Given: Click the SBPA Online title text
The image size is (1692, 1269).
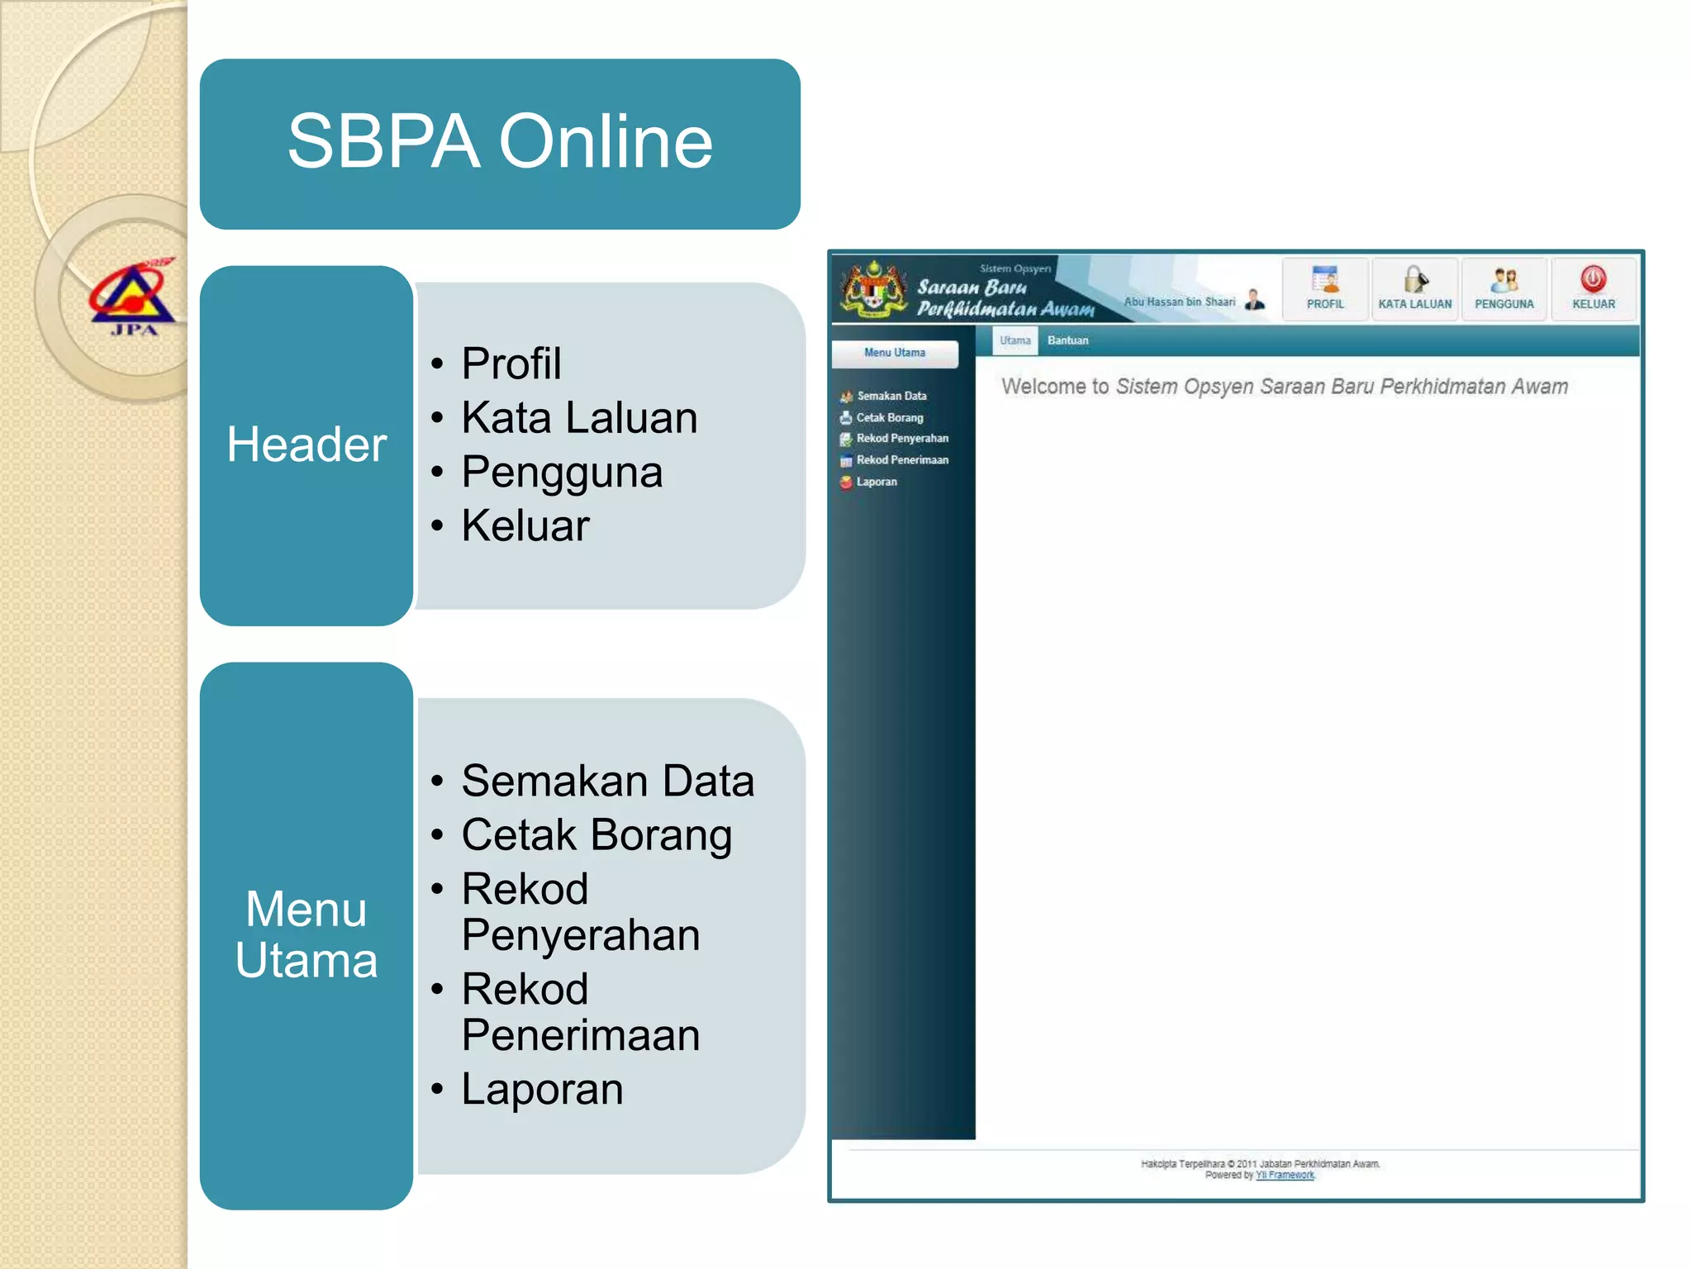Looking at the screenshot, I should click(x=500, y=142).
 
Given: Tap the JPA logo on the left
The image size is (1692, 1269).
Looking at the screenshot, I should click(x=133, y=298).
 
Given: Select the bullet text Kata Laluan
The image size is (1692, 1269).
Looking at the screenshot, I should click(x=579, y=418).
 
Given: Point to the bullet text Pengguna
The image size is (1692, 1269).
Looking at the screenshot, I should click(x=562, y=473).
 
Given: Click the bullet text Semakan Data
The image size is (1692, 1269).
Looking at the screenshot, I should click(x=607, y=782).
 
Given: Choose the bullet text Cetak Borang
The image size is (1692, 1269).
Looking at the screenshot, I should click(x=596, y=835).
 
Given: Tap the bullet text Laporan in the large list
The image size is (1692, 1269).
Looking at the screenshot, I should click(x=542, y=1089).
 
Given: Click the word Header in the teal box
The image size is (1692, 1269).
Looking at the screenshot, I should click(x=307, y=444).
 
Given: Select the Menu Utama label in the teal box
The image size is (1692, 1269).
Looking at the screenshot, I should click(x=307, y=935).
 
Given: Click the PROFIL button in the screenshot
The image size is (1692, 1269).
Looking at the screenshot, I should click(x=1325, y=288).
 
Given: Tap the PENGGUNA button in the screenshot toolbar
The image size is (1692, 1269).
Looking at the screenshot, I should click(x=1504, y=288).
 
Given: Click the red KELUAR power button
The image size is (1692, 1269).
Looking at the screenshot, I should click(x=1593, y=281).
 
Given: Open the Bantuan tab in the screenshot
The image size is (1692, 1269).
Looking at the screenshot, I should click(x=1067, y=340).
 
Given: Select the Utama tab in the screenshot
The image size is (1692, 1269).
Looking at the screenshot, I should click(x=1015, y=340).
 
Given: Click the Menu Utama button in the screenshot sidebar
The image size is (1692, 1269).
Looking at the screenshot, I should click(x=895, y=353).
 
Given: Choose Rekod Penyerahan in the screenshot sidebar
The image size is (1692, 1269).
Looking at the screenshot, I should click(x=902, y=439).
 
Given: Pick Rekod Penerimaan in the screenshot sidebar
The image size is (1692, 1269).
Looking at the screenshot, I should click(x=902, y=460).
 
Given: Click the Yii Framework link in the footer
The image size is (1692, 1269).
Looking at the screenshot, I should click(x=1285, y=1175).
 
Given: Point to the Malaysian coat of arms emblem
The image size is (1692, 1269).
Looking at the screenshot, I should click(x=873, y=288).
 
